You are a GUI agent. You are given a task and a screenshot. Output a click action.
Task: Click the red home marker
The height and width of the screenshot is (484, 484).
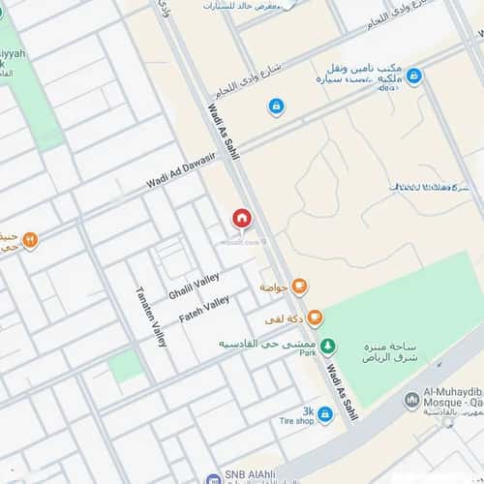[241, 219]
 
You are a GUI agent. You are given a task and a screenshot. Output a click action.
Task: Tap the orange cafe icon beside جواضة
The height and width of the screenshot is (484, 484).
[300, 286]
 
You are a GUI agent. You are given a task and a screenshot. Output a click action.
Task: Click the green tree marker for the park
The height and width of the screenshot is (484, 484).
[328, 344]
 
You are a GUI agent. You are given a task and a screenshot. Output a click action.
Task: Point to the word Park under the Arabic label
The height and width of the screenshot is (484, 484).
[309, 355]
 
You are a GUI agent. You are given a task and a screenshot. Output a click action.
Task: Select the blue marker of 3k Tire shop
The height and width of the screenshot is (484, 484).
[325, 414]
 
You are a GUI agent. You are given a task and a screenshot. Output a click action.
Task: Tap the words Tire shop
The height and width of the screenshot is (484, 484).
[296, 421]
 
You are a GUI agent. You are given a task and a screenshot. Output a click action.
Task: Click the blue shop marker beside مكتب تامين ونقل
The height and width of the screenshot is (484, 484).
[413, 76]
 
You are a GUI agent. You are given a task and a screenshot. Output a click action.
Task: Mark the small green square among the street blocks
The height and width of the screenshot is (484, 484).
[125, 366]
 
